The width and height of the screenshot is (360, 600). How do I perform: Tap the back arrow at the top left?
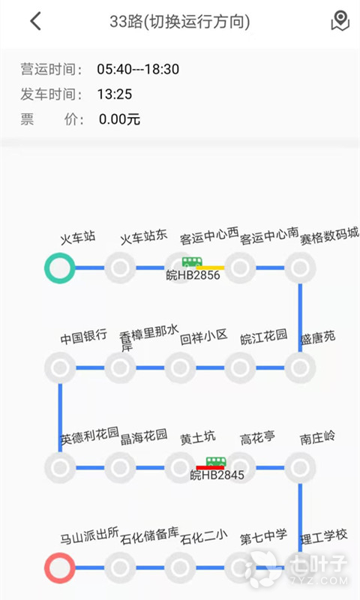pyautogui.click(x=35, y=21)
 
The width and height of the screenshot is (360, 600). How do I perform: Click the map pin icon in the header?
pyautogui.click(x=340, y=21)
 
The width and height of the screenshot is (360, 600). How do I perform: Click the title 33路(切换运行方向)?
pyautogui.click(x=180, y=22)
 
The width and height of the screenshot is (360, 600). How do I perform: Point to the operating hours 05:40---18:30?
pyautogui.click(x=138, y=69)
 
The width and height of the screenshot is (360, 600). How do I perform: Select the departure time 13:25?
pyautogui.click(x=115, y=94)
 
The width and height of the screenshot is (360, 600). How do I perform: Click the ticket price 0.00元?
pyautogui.click(x=119, y=119)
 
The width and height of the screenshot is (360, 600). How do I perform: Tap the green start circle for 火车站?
pyautogui.click(x=60, y=268)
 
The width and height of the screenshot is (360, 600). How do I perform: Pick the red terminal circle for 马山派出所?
pyautogui.click(x=60, y=568)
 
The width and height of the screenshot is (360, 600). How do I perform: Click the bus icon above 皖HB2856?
pyautogui.click(x=192, y=262)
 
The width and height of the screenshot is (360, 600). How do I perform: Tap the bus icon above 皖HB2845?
pyautogui.click(x=216, y=461)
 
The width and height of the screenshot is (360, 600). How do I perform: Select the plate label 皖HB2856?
pyautogui.click(x=193, y=275)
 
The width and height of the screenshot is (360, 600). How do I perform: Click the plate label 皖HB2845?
pyautogui.click(x=217, y=475)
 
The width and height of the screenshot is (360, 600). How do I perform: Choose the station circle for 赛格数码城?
pyautogui.click(x=300, y=268)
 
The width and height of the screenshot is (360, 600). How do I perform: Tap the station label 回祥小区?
pyautogui.click(x=204, y=337)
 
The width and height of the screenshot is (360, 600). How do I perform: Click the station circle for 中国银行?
pyautogui.click(x=60, y=367)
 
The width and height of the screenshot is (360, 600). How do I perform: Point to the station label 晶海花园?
pyautogui.click(x=144, y=436)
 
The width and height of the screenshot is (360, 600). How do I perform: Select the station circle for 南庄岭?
pyautogui.click(x=300, y=467)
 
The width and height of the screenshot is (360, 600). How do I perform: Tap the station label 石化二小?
pyautogui.click(x=204, y=537)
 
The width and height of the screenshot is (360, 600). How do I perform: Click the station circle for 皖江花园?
pyautogui.click(x=240, y=367)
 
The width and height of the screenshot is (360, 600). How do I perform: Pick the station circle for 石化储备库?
pyautogui.click(x=120, y=568)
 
